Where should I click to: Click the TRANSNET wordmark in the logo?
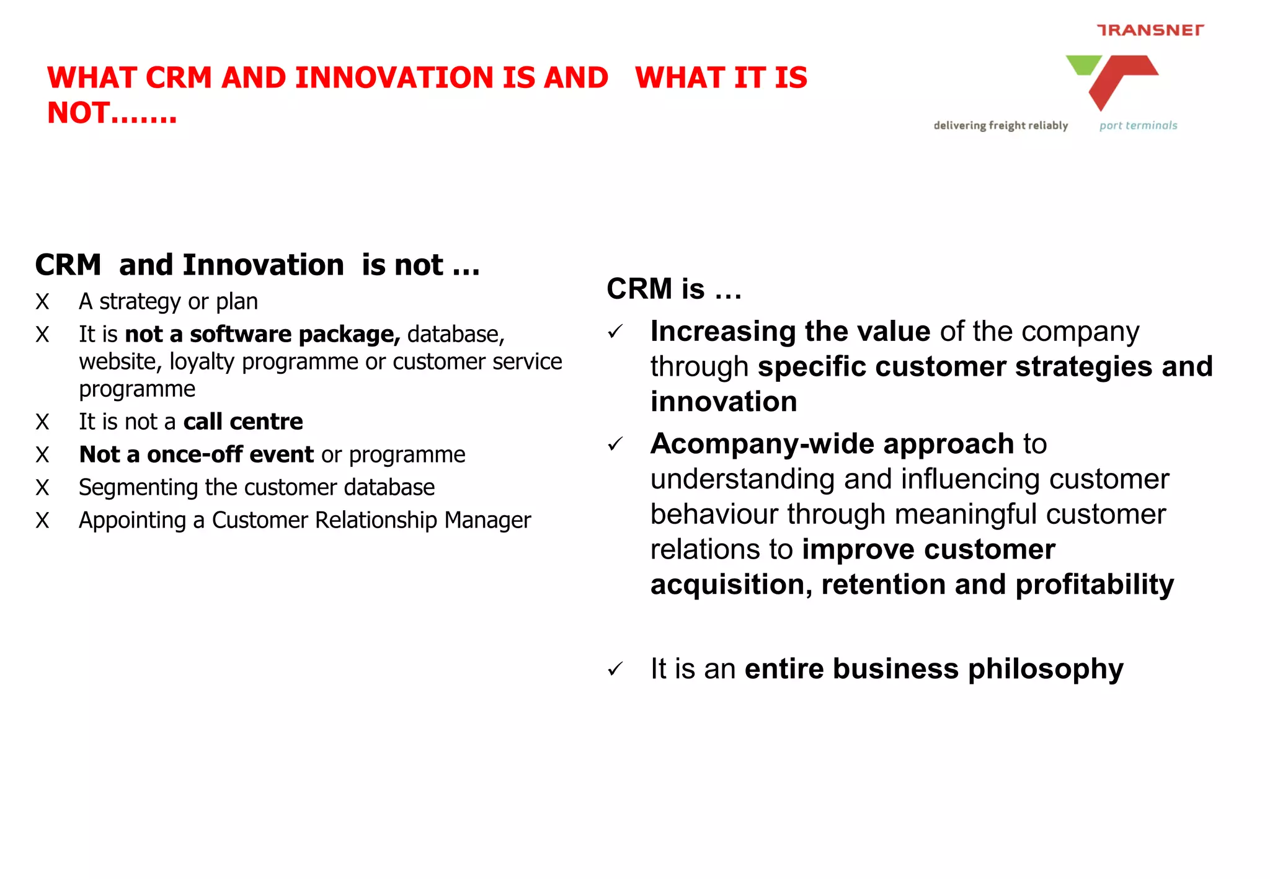point(1150,30)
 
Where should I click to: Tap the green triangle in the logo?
point(1083,64)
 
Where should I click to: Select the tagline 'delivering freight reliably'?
point(1000,126)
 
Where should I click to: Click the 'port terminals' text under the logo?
point(1138,126)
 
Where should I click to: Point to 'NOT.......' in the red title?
point(112,113)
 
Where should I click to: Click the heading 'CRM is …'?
point(673,289)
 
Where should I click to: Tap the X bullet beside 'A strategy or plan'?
point(42,302)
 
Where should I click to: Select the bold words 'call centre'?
point(243,422)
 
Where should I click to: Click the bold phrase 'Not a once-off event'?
point(197,454)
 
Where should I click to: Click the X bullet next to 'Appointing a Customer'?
point(42,521)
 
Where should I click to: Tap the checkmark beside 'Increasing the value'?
point(615,332)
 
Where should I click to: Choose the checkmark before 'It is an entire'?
point(615,669)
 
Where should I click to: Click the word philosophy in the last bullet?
point(1046,669)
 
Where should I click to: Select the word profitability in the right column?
point(1095,585)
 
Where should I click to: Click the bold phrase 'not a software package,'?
point(262,335)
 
